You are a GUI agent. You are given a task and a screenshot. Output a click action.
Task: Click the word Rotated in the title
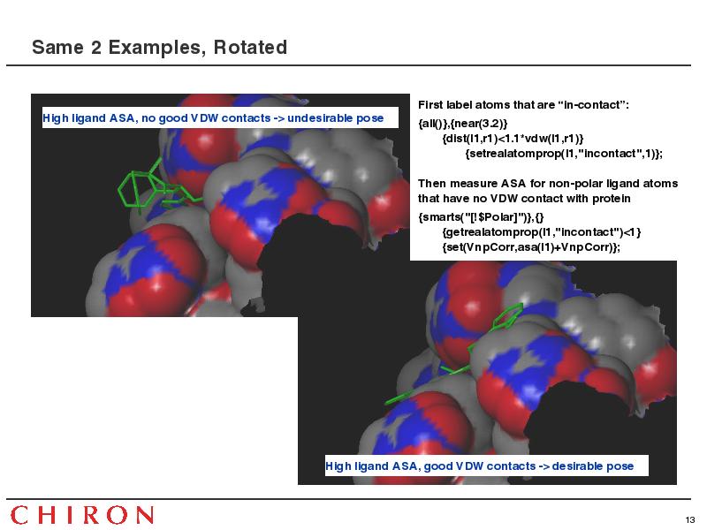point(250,48)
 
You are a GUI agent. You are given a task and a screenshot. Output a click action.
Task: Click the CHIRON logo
point(81,515)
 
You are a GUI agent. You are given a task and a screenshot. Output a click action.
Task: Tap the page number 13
point(690,519)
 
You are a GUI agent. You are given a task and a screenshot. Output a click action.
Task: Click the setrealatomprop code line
point(564,154)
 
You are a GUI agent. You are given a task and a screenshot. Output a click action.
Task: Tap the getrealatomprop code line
point(542,232)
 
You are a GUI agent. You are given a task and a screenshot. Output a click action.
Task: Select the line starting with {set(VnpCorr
point(532,247)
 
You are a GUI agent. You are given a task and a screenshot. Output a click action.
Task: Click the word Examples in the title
point(157,48)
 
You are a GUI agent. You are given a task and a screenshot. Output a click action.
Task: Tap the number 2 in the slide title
point(96,48)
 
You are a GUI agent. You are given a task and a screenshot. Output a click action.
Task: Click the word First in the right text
point(430,105)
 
